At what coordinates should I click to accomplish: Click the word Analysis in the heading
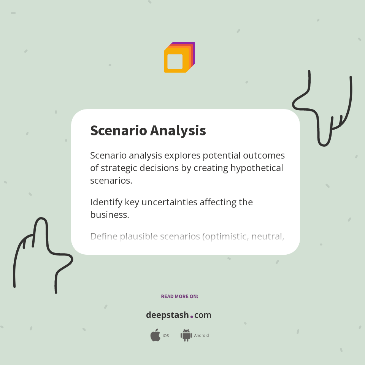(x=178, y=130)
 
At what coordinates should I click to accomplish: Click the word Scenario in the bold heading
(x=118, y=130)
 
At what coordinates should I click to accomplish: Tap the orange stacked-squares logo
(x=179, y=57)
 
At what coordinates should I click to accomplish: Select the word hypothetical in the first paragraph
(x=255, y=168)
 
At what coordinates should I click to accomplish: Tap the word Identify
(x=106, y=202)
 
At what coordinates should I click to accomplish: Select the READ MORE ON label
(x=179, y=296)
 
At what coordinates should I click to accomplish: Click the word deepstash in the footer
(x=167, y=315)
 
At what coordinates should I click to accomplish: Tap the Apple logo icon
(x=155, y=335)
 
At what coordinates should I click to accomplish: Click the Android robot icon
(x=186, y=335)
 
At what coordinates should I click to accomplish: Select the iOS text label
(x=166, y=336)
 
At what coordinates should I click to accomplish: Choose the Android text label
(x=201, y=336)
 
